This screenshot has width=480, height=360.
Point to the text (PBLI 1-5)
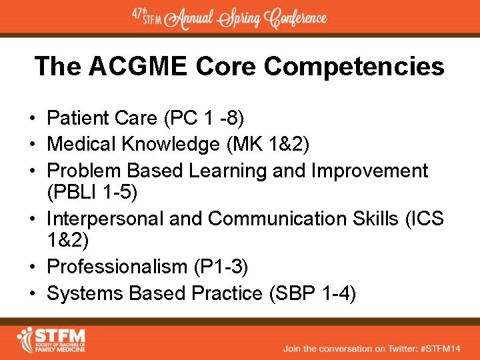(x=92, y=193)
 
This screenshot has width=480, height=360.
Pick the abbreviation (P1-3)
(x=221, y=267)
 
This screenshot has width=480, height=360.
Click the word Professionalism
(x=117, y=267)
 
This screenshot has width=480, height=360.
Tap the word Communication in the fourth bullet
(x=281, y=218)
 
